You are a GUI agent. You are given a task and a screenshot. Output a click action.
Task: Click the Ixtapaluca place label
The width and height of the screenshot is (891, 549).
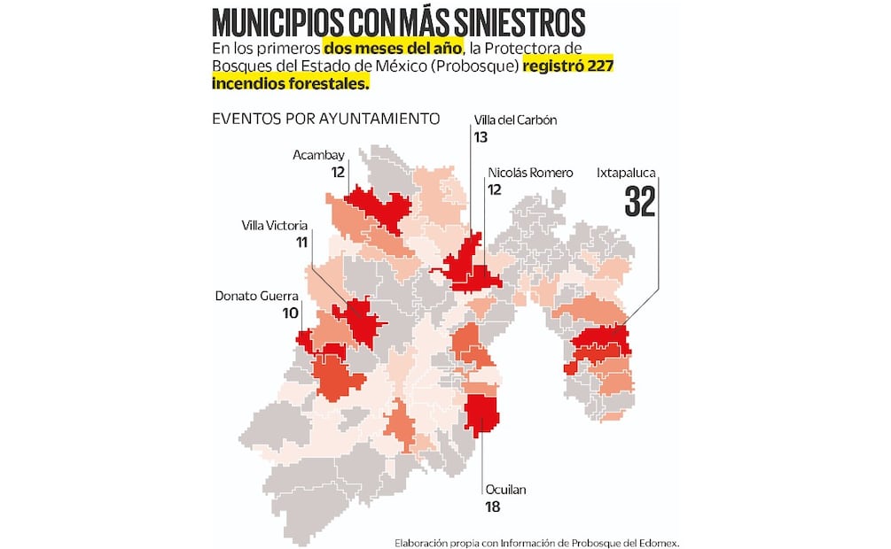[625, 174]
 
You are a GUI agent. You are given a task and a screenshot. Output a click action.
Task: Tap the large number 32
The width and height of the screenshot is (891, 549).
[639, 203]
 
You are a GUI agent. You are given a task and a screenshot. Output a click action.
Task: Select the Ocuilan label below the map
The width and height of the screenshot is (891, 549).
[505, 490]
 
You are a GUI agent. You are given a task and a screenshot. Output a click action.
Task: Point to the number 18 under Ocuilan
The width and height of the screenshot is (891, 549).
[493, 507]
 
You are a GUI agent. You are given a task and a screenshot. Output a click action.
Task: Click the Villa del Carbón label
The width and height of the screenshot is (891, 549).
[515, 120]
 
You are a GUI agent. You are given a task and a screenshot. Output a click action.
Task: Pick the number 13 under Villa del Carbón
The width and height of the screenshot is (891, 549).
[481, 137]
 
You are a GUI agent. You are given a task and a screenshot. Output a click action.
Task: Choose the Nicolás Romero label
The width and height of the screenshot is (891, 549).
[530, 173]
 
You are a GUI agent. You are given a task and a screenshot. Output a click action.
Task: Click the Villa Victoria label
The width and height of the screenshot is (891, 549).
[275, 225]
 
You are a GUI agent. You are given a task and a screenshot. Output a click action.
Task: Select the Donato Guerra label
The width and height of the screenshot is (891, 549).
[257, 296]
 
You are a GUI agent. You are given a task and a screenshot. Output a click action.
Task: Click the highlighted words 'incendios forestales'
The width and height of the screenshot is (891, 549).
[289, 83]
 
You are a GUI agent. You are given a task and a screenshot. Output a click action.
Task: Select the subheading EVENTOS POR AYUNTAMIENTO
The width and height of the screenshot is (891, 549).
[325, 118]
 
